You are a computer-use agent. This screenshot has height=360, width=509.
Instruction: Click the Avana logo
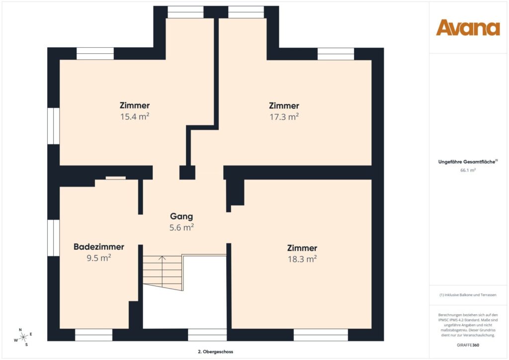click(x=468, y=28)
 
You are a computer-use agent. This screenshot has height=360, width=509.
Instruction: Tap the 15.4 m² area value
click(x=134, y=117)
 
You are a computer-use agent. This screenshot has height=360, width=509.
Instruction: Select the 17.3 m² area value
click(x=284, y=117)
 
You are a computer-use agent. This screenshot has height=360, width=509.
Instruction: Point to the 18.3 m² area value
click(x=302, y=259)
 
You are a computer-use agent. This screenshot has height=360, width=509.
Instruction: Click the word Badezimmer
click(x=98, y=247)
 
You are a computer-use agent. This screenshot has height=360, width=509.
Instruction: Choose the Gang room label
click(x=181, y=216)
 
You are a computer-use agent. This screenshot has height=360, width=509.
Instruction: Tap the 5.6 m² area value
click(x=181, y=228)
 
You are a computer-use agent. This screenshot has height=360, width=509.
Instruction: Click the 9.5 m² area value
click(x=98, y=258)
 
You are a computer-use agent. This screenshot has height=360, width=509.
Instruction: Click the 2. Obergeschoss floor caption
click(x=215, y=352)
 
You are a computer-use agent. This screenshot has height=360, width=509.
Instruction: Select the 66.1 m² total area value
click(x=468, y=170)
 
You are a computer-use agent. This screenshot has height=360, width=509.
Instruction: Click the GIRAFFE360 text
click(x=468, y=345)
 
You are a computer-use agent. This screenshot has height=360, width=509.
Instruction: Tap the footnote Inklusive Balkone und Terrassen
click(x=468, y=295)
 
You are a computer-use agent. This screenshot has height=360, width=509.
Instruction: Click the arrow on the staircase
click(x=162, y=259)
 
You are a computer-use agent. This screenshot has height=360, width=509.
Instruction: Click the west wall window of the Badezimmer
click(x=53, y=238)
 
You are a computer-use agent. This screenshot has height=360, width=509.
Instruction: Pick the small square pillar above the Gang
click(x=187, y=173)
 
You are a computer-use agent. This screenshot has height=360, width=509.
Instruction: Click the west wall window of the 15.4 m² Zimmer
click(x=53, y=126)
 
